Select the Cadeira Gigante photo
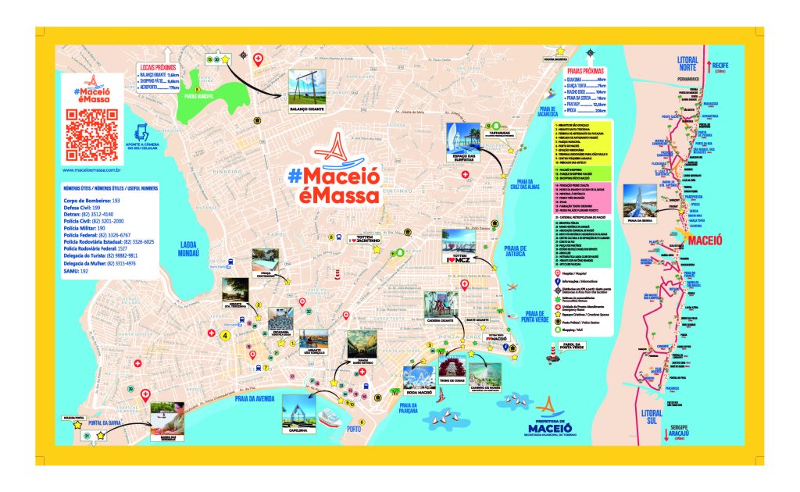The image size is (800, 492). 441,309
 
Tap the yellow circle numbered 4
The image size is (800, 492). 225,336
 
